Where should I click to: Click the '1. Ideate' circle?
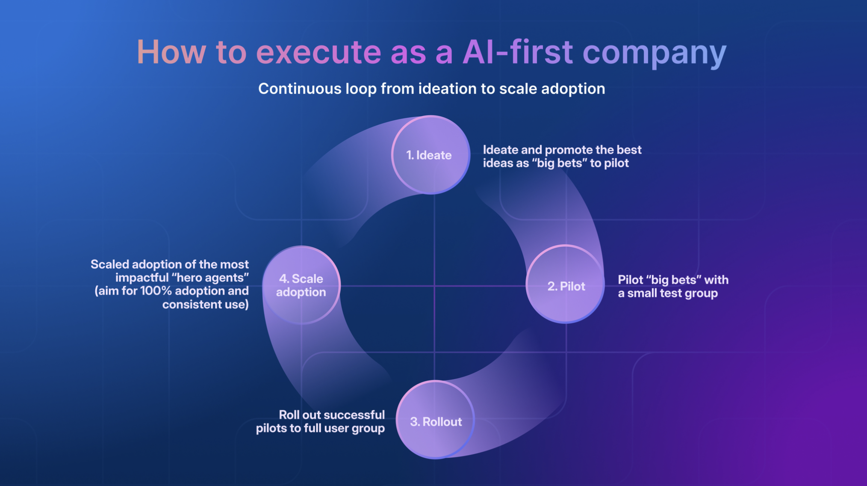pos(431,155)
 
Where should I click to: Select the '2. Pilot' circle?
pos(565,284)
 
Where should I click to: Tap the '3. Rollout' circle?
pos(435,420)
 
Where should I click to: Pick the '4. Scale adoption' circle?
pos(301,285)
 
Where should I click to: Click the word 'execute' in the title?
pos(318,52)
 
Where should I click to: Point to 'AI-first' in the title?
pos(518,52)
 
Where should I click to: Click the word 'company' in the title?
pos(655,54)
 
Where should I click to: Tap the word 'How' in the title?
pos(171,52)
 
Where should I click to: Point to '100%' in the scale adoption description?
pos(156,291)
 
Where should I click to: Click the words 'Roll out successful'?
pos(332,415)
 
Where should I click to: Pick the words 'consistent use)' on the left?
pos(205,304)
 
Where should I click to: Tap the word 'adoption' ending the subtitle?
pos(573,89)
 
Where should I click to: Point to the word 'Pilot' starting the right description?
pos(631,280)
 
